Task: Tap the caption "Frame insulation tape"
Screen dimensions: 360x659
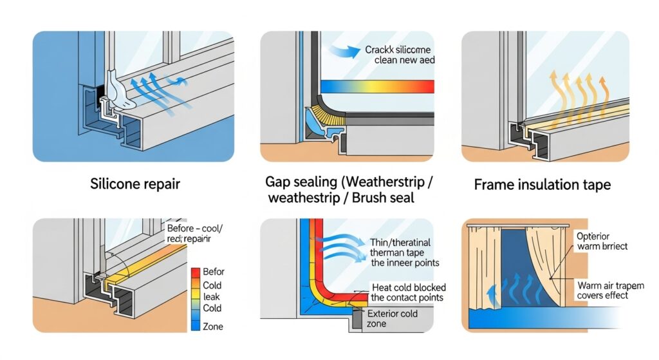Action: (542, 185)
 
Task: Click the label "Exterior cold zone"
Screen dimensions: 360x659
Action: (393, 318)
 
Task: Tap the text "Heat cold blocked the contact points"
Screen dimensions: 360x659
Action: (408, 292)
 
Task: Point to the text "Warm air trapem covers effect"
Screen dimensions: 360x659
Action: (599, 290)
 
